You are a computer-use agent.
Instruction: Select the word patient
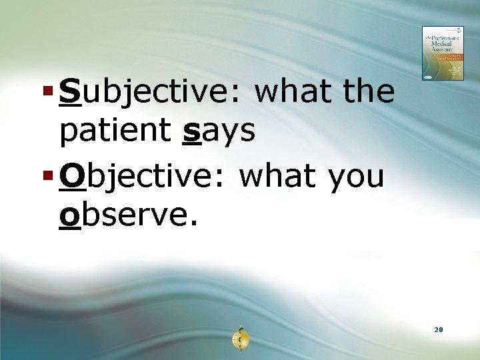[113, 131]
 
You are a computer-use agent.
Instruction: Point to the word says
[218, 131]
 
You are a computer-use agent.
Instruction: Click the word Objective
[144, 176]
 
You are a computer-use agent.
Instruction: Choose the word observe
[127, 214]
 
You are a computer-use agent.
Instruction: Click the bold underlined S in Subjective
[69, 92]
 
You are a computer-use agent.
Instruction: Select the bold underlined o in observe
[69, 215]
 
